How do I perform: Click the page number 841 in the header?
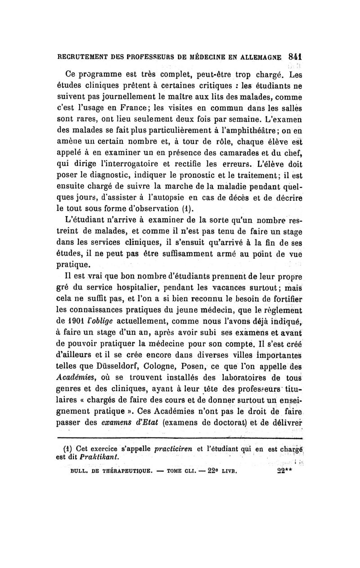(x=295, y=57)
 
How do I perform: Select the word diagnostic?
(x=115, y=184)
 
